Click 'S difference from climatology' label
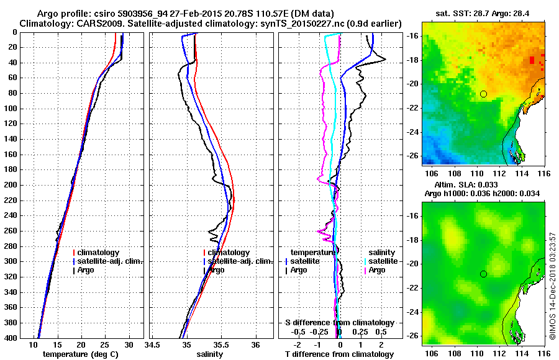coord(340,323)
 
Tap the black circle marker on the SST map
coord(483,94)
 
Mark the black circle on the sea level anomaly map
coord(483,274)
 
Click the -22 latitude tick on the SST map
coord(412,108)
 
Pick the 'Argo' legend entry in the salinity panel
coord(217,270)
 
